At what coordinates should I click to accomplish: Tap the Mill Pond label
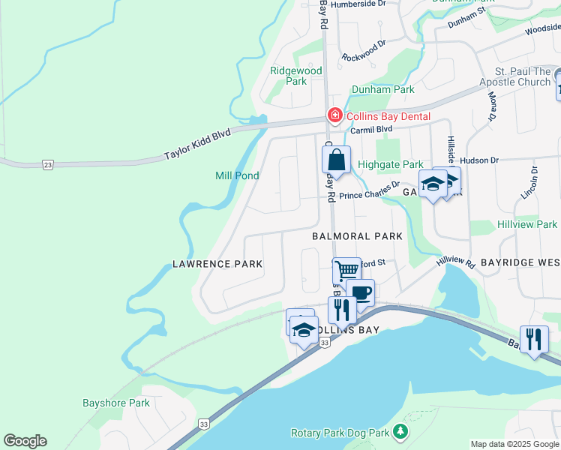237,175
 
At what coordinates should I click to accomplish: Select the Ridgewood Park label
295,76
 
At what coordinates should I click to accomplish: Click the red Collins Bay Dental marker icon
334,115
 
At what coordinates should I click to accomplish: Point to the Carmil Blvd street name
372,129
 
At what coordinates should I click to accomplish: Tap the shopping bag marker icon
336,160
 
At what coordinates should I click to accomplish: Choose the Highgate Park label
391,164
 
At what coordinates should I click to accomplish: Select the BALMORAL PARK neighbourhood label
357,235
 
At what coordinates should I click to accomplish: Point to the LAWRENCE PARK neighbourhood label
217,264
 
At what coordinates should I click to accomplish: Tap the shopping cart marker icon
346,270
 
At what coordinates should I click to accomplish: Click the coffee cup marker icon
360,292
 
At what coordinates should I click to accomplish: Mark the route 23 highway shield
49,165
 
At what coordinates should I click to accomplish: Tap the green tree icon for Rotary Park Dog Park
401,432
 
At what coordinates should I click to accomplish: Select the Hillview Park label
527,224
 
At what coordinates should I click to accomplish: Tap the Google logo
25,441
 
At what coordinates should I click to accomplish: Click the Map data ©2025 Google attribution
514,444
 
